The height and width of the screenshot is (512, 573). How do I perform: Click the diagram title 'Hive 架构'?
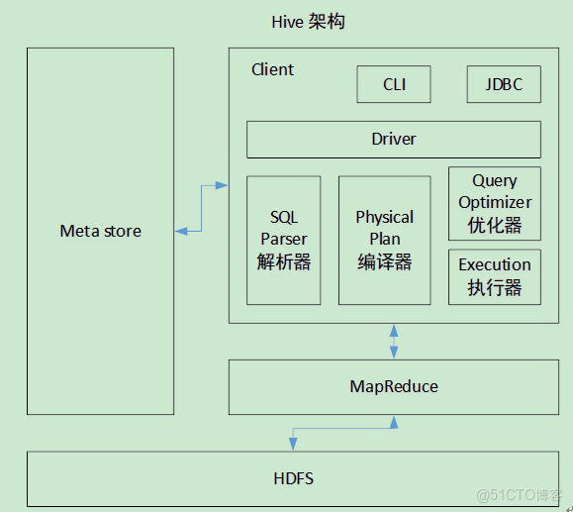308,22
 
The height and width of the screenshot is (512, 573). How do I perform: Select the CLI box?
394,84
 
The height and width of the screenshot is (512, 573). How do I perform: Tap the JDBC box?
504,84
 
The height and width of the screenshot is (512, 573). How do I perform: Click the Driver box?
393,139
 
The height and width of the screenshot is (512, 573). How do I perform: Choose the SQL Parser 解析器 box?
283,241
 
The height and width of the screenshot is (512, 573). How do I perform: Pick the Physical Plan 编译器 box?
384,241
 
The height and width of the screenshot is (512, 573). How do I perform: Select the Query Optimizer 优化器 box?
494,203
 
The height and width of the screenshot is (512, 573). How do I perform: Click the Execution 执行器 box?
494,277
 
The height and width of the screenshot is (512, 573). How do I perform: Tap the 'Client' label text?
272,69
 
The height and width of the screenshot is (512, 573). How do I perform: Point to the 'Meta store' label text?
100,232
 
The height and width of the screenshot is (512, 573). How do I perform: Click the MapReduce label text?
393,386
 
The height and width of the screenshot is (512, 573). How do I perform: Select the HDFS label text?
293,478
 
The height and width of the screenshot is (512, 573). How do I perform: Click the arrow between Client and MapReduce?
394,341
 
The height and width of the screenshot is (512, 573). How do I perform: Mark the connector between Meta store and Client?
202,208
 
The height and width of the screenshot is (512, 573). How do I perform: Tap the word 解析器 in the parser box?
283,262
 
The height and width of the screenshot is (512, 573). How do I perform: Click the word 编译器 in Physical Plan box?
384,262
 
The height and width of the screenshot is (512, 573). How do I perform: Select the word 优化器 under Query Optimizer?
494,225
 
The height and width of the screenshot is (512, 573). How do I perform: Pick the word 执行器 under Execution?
494,288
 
